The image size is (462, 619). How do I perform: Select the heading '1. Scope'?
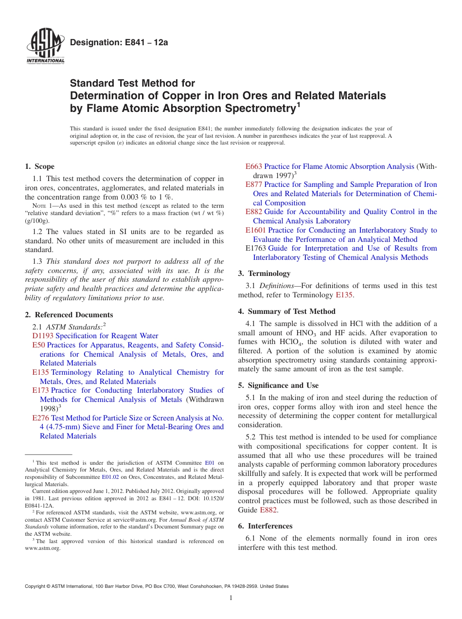[x=40, y=166]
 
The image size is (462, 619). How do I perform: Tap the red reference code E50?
[x=38, y=345]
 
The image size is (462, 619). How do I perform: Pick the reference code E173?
[x=40, y=390]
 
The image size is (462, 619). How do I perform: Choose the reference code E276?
[x=40, y=418]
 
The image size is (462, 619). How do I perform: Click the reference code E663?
[x=254, y=166]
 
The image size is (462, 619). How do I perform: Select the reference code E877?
[x=254, y=184]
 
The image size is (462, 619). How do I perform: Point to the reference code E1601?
[x=256, y=230]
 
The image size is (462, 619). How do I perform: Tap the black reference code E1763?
[x=256, y=248]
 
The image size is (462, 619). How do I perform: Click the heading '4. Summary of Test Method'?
[x=287, y=311]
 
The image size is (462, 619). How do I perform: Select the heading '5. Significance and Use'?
[x=278, y=385]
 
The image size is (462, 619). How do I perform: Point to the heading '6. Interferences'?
[x=265, y=526]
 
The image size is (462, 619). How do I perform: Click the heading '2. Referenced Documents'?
[x=69, y=315]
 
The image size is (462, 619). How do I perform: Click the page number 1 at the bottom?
[x=231, y=598]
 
